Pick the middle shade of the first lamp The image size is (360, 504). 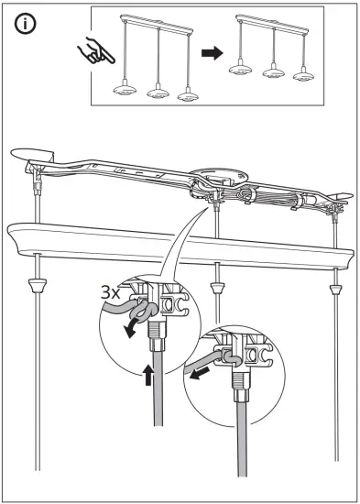tap(156, 93)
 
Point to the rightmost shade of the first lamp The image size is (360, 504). tap(188, 95)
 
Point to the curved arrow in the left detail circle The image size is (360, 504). tap(138, 324)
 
